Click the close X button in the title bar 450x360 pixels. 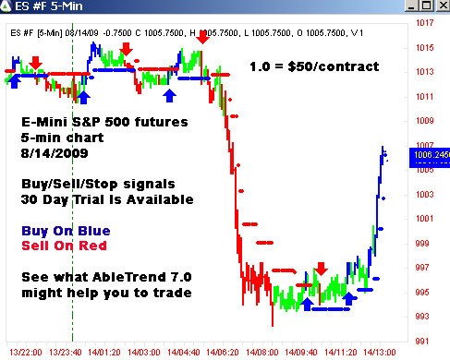pos(439,8)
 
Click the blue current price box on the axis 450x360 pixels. pos(431,156)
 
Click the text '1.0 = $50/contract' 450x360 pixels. pos(313,67)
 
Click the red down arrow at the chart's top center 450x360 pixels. pos(202,37)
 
